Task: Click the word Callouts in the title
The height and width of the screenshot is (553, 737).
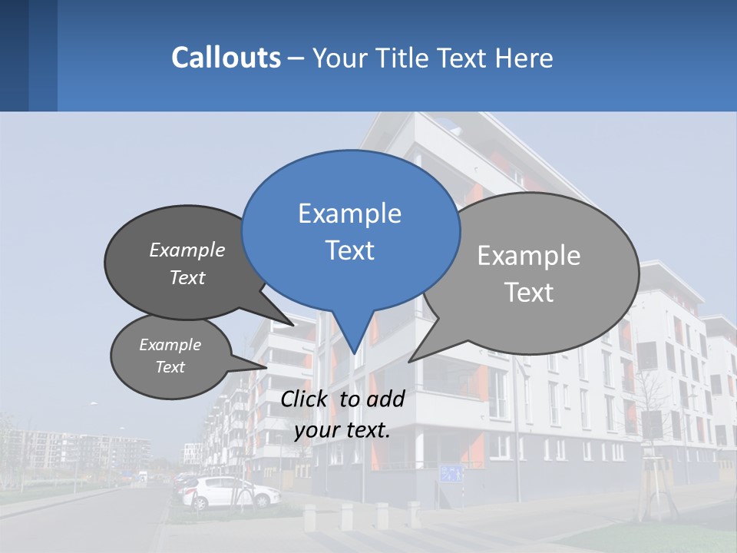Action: (x=226, y=58)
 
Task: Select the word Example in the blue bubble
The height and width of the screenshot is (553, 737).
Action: (x=349, y=214)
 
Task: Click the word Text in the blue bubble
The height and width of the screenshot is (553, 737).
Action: (x=349, y=250)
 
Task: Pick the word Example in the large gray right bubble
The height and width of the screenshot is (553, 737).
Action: (x=529, y=256)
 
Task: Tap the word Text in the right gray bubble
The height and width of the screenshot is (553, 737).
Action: (x=529, y=293)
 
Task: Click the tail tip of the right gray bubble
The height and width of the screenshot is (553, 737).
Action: (x=411, y=360)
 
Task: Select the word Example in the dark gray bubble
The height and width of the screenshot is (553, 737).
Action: (x=187, y=250)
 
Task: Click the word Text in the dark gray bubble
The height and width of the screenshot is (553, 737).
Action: (x=187, y=277)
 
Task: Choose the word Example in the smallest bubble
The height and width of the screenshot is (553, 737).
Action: (x=170, y=345)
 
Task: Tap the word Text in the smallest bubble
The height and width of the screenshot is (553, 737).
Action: (x=170, y=367)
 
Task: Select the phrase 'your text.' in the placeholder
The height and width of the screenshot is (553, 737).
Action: (x=342, y=430)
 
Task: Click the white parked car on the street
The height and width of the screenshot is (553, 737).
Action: (x=230, y=492)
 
